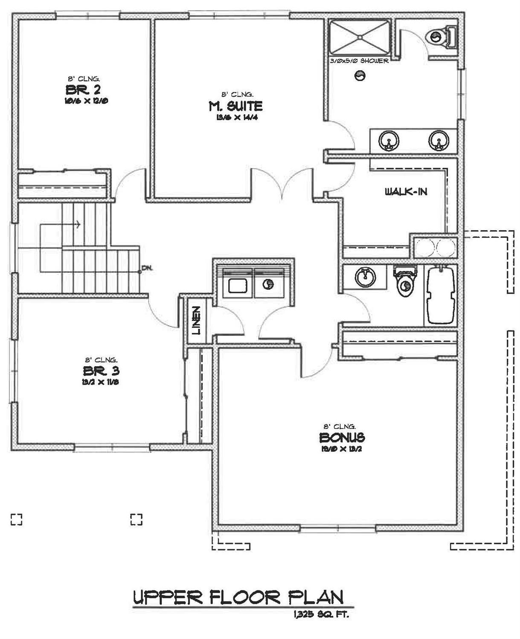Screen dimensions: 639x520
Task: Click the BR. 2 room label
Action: tap(84, 90)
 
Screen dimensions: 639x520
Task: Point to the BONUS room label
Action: tap(342, 437)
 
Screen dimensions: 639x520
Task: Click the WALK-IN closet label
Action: tap(406, 192)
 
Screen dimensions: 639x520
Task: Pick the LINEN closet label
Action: tap(196, 320)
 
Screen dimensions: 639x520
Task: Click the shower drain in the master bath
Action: tap(360, 38)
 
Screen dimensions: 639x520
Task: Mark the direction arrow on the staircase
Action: tap(77, 224)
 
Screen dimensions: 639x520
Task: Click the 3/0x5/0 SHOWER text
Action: tap(359, 61)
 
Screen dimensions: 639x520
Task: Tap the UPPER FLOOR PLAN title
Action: tap(238, 597)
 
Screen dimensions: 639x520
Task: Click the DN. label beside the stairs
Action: tap(147, 268)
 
